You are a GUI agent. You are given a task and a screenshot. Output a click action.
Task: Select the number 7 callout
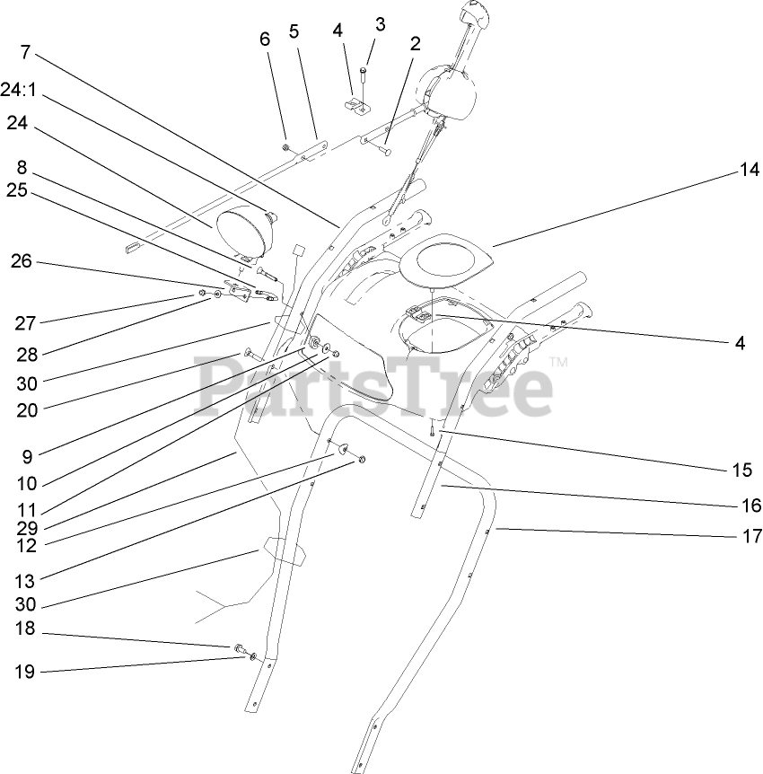24,52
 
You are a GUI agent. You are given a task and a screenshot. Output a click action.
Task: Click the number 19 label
25,672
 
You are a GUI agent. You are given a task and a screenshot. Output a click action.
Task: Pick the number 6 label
264,39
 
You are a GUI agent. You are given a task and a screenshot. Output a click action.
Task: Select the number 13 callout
25,575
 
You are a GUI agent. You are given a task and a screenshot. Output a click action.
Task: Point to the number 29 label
25,528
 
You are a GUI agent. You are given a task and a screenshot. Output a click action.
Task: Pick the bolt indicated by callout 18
239,647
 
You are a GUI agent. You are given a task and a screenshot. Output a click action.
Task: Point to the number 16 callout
750,506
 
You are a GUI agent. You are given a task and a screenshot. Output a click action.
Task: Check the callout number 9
25,455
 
